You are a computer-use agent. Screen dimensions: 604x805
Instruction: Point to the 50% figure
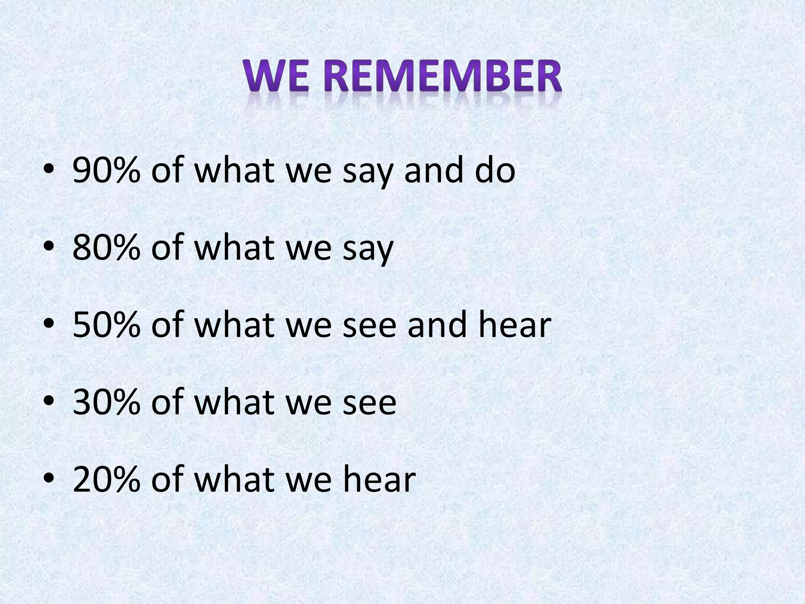point(107,324)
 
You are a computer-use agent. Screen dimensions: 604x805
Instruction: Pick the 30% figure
point(107,401)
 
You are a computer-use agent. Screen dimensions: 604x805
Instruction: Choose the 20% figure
point(107,479)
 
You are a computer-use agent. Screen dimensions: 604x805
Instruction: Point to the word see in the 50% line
point(369,326)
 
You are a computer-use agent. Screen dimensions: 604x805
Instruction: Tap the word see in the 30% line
point(369,403)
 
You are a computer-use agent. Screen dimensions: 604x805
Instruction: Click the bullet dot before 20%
point(49,480)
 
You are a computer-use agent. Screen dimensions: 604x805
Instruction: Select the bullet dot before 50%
point(49,326)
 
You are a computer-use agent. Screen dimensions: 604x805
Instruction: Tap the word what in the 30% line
point(234,401)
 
